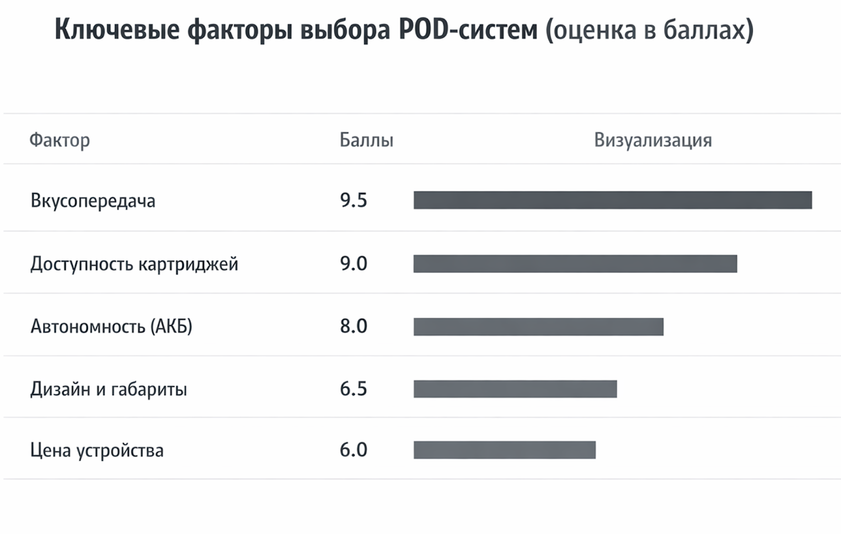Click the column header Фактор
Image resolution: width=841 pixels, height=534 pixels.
pos(59,140)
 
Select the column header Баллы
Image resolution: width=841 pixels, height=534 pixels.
pos(366,140)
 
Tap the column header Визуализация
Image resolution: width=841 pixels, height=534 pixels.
pos(653,140)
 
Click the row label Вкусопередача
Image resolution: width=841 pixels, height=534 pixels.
pos(93,201)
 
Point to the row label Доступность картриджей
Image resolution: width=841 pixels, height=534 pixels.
pos(134,264)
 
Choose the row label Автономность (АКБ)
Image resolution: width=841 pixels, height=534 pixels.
pos(111,326)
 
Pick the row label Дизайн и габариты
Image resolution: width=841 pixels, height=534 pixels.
pos(109,389)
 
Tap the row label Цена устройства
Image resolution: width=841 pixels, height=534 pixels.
pos(97,450)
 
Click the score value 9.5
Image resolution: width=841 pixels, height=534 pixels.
pos(353,200)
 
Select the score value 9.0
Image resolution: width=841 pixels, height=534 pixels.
pos(353,263)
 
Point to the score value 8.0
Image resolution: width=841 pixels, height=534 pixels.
pos(353,326)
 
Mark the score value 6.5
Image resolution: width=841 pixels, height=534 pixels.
pos(353,389)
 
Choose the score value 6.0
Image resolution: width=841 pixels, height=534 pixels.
pos(353,450)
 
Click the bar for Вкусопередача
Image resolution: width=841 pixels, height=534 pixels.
pos(612,200)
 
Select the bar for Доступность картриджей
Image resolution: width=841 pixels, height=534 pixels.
pos(575,264)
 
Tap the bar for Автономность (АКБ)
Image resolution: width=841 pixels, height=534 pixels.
pos(538,326)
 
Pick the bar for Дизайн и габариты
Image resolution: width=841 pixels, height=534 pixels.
pos(515,389)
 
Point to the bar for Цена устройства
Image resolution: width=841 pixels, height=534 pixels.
pos(505,450)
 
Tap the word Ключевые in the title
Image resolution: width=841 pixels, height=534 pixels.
pos(117,29)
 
